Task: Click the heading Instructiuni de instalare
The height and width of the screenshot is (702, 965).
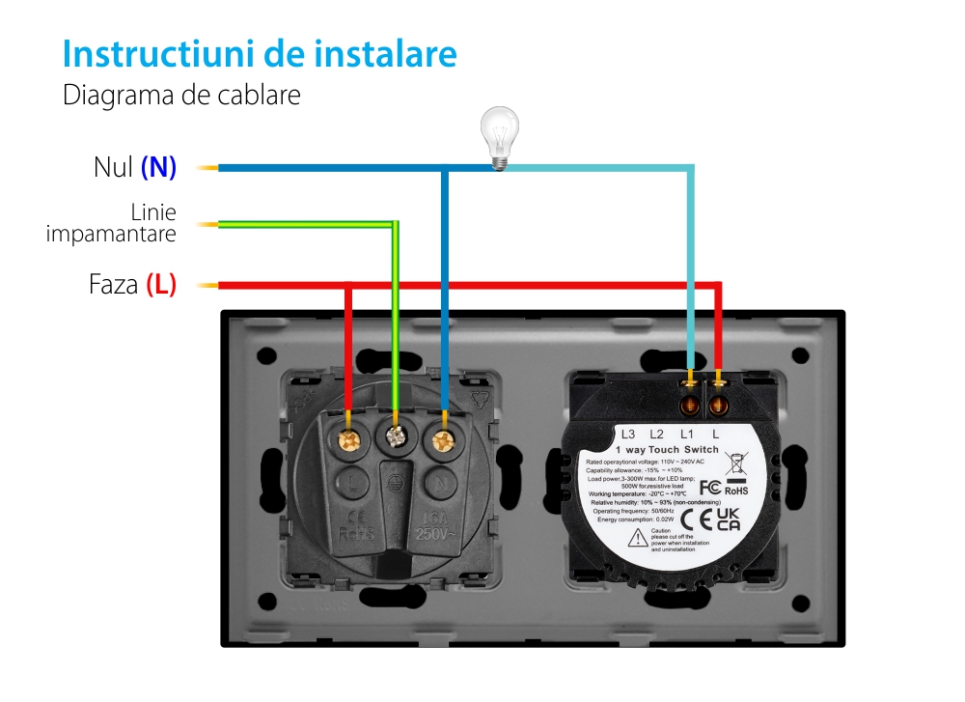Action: point(259,54)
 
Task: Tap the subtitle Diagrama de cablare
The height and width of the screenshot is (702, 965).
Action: point(181,96)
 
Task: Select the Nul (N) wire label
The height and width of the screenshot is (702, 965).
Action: point(135,167)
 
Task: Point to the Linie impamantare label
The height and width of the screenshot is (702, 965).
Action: point(112,223)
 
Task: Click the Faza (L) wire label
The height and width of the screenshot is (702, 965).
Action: point(132,285)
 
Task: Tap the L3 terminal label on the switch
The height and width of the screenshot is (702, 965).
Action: point(628,434)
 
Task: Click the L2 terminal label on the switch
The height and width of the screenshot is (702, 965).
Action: point(657,434)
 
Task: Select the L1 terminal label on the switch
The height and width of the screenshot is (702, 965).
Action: point(687,434)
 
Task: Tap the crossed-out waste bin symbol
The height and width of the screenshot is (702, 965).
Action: point(735,462)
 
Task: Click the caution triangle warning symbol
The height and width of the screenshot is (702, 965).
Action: point(637,539)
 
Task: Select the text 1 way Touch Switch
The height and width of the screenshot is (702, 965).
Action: point(666,450)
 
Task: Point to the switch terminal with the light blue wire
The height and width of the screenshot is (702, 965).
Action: point(691,395)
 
